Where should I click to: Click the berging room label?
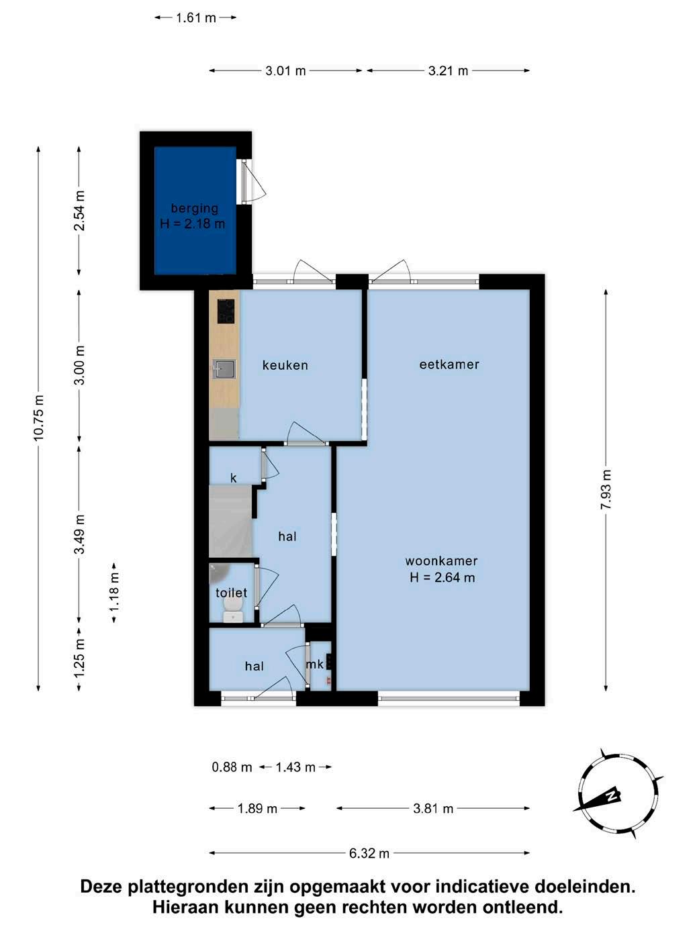195,208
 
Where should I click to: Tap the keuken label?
285,365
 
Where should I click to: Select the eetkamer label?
449,364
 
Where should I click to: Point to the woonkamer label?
441,560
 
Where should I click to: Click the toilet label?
231,593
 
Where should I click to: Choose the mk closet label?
314,664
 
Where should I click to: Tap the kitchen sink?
224,369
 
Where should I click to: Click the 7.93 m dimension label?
606,490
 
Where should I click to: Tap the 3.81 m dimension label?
433,809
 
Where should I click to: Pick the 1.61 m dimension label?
196,17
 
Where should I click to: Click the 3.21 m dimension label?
448,70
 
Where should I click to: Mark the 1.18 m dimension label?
114,593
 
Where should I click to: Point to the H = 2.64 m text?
443,577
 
